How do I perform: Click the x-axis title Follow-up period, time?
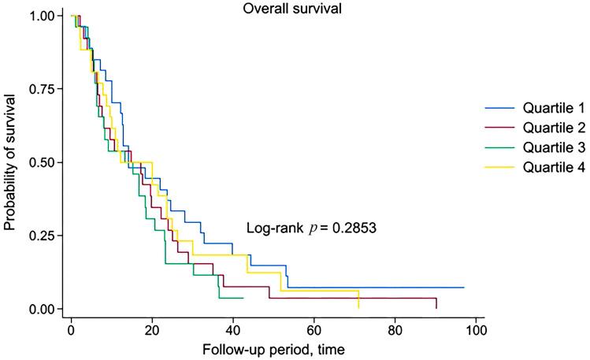(x=273, y=347)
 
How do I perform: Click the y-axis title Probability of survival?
(x=10, y=162)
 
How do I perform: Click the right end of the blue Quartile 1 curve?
(x=463, y=288)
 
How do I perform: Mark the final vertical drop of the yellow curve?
(x=358, y=299)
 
